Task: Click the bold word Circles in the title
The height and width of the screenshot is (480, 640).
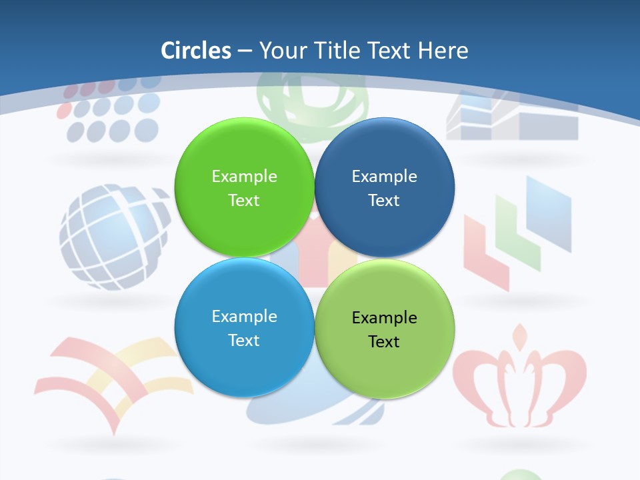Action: point(196,51)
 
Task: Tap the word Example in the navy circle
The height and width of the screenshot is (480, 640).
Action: point(384,177)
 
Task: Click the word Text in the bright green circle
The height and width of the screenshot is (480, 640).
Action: point(244,201)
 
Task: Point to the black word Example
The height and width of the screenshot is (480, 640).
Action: point(384,318)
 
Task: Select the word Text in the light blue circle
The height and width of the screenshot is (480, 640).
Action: point(244,341)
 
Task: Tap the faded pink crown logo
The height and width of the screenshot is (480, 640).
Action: point(519,380)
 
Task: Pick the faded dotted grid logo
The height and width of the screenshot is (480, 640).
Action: point(110,113)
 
